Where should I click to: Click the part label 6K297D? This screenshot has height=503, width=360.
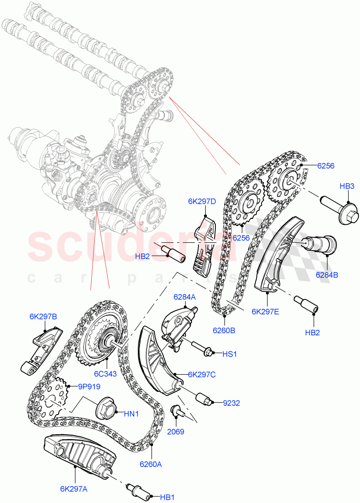pos(202,202)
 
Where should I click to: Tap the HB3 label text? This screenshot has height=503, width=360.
pos(347,186)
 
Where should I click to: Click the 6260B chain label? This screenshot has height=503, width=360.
pos(223,330)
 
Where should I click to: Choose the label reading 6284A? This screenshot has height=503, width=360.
pos(185,297)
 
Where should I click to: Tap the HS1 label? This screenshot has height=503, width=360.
pos(230,354)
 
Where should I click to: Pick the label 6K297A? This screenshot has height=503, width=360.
pos(74,488)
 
